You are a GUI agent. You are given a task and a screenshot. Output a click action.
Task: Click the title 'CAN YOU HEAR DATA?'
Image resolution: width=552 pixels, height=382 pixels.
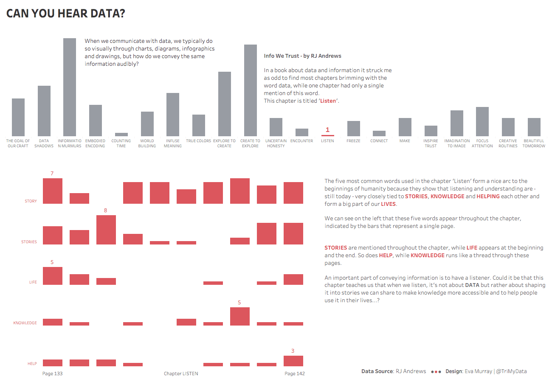[66, 14]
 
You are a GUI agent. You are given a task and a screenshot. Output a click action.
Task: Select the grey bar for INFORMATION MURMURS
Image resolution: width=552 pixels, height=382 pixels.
[70, 87]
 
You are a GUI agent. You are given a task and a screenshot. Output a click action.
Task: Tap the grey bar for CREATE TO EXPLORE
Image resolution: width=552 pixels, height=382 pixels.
[250, 90]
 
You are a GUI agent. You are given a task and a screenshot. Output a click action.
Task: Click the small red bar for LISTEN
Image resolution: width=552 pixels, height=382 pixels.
[327, 135]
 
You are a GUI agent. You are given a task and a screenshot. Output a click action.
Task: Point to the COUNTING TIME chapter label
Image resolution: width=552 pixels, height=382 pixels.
[121, 143]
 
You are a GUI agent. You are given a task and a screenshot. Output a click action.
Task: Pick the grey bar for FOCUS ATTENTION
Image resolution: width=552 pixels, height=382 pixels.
[482, 121]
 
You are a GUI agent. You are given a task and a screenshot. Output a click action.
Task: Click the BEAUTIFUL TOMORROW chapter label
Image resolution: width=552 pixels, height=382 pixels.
[534, 143]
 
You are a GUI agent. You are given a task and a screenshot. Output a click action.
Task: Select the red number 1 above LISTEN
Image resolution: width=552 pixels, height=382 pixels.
[327, 130]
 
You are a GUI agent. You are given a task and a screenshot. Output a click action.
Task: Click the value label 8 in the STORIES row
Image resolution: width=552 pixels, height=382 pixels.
[106, 211]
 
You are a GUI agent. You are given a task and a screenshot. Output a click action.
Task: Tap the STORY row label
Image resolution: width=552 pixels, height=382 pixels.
[31, 201]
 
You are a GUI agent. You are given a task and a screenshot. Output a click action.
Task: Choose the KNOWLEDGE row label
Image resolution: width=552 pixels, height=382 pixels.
[25, 323]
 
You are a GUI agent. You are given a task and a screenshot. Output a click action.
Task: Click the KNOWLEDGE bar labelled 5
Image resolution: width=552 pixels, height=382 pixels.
[239, 316]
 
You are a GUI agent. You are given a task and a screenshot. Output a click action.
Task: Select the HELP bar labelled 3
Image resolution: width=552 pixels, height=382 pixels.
[293, 361]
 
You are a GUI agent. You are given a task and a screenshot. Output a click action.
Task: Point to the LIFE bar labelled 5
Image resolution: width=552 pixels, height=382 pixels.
[53, 276]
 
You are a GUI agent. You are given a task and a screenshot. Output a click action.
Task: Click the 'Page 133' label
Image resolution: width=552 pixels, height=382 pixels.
[53, 374]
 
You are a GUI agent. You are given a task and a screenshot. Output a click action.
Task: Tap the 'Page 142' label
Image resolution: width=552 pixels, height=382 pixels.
[295, 374]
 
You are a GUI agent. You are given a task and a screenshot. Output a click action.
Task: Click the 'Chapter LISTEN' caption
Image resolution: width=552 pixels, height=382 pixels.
[181, 374]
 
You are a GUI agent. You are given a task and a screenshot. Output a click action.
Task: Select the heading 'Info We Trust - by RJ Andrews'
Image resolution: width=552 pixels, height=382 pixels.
[302, 56]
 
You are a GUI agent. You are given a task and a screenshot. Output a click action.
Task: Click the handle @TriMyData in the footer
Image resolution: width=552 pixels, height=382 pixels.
[511, 371]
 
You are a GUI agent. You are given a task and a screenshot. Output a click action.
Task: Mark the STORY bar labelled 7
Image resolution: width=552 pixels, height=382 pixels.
[53, 191]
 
